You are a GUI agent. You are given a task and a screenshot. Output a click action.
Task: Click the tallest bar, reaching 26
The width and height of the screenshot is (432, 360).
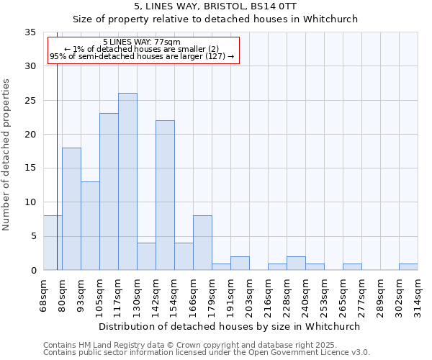click(x=127, y=181)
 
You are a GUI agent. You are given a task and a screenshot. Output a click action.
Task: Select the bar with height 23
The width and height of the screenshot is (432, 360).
click(x=109, y=192)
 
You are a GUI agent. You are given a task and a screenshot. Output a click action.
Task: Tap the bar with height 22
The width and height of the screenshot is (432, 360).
click(x=165, y=195)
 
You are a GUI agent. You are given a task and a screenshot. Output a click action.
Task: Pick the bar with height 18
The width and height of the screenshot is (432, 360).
click(x=71, y=209)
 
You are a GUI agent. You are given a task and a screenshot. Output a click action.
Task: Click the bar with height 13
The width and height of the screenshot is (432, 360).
click(x=90, y=225)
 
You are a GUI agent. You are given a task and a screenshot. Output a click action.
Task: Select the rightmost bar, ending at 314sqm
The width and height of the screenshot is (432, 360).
click(x=408, y=266)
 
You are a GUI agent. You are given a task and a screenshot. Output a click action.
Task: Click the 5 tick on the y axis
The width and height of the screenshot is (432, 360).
click(x=33, y=236)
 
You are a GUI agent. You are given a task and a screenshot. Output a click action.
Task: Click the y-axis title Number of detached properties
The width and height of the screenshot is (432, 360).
click(x=7, y=155)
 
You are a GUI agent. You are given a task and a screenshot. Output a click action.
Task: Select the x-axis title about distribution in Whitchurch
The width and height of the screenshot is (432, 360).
click(x=229, y=326)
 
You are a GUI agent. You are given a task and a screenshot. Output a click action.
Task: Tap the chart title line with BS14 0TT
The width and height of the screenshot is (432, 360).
click(x=215, y=6)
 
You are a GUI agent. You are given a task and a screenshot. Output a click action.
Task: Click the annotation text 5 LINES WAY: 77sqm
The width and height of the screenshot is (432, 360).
click(x=142, y=42)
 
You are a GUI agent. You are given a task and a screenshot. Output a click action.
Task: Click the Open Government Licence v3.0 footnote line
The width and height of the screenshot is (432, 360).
click(x=207, y=353)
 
